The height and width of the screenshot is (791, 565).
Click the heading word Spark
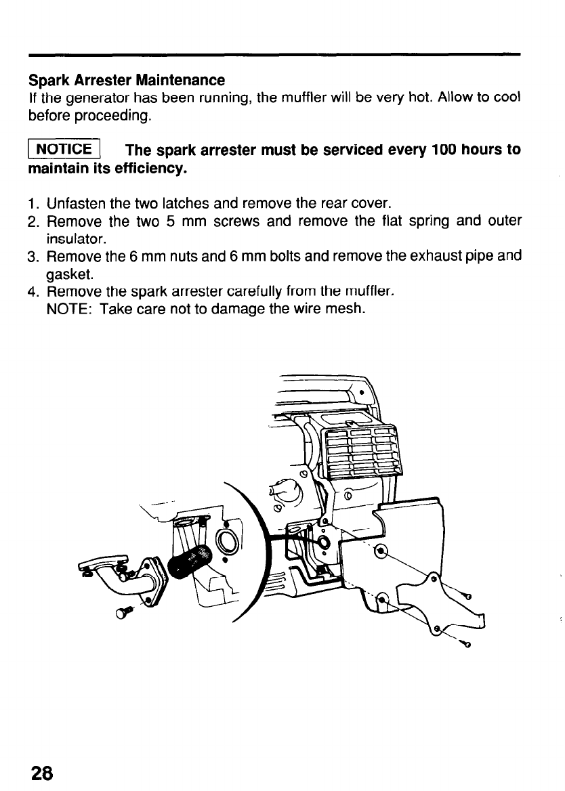(47, 81)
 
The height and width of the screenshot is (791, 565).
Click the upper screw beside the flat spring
(465, 595)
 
